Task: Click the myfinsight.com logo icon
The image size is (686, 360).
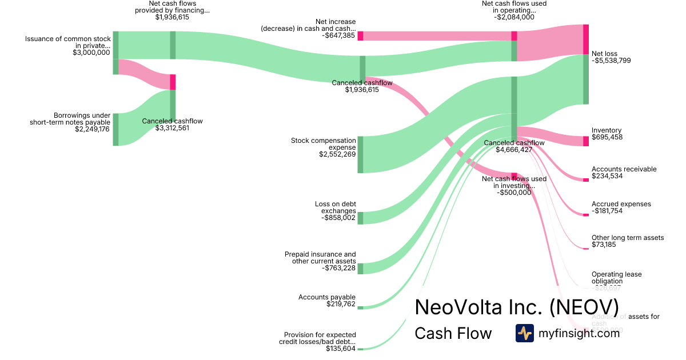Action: [524, 333]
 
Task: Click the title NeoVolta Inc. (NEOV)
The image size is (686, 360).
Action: [516, 307]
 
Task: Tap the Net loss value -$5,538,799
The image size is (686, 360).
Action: [611, 60]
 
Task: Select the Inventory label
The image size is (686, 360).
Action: [607, 130]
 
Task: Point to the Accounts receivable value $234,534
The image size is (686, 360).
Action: [607, 176]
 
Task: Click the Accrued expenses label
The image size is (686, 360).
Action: [621, 204]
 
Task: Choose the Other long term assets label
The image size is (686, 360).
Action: [628, 237]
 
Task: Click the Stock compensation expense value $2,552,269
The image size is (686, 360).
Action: [337, 154]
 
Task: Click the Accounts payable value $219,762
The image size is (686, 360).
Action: [340, 304]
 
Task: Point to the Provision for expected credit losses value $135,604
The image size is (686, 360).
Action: [341, 349]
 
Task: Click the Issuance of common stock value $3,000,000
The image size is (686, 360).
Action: [91, 53]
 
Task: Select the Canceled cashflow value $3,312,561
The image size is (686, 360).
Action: [172, 128]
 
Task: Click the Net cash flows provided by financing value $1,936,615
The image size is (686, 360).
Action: [172, 17]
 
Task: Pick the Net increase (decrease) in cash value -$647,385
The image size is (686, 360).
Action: [338, 35]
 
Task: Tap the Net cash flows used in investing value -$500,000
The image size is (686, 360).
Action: [514, 193]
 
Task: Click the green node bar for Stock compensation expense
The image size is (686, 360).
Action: [360, 154]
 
